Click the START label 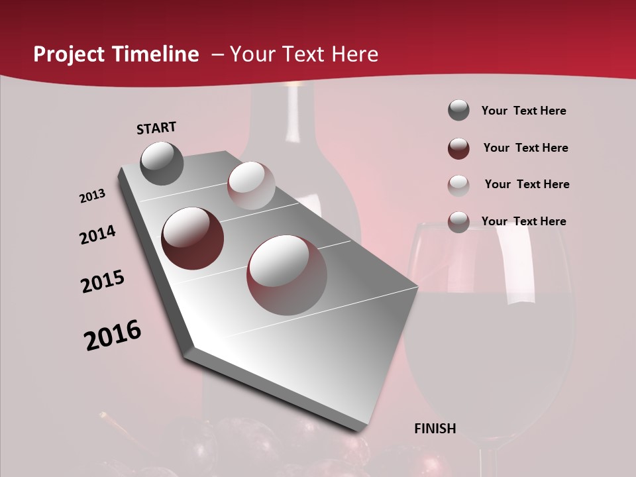(156, 128)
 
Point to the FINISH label (435, 429)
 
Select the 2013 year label (93, 196)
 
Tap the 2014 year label (97, 235)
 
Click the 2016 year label (113, 335)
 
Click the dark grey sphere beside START (162, 163)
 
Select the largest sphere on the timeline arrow (287, 275)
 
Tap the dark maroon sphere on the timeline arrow (193, 238)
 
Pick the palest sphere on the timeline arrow (251, 185)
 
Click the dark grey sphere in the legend (458, 111)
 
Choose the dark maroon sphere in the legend (458, 148)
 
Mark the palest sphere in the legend (458, 185)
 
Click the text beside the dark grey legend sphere (523, 111)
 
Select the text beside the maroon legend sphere (525, 148)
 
